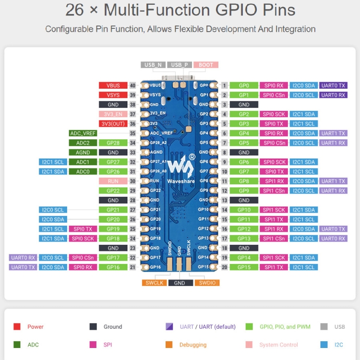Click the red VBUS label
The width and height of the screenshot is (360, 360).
113,85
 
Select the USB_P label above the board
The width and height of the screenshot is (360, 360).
180,65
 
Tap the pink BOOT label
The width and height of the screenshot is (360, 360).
206,65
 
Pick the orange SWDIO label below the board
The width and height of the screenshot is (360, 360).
207,283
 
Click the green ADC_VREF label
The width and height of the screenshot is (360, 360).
83,133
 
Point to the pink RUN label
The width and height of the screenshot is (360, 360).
113,181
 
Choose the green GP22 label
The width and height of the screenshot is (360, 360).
113,191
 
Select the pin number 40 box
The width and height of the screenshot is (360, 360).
133,85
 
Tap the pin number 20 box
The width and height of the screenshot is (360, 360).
224,267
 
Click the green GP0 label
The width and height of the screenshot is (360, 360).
244,85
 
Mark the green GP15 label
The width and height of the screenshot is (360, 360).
244,267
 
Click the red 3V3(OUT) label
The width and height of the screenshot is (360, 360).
113,123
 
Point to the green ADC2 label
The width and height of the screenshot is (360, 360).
83,143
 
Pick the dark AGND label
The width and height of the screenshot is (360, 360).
83,152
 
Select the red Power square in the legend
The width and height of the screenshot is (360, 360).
17,327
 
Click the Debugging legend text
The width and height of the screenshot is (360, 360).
193,345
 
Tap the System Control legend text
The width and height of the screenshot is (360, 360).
278,345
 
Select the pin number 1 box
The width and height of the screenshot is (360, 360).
224,85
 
